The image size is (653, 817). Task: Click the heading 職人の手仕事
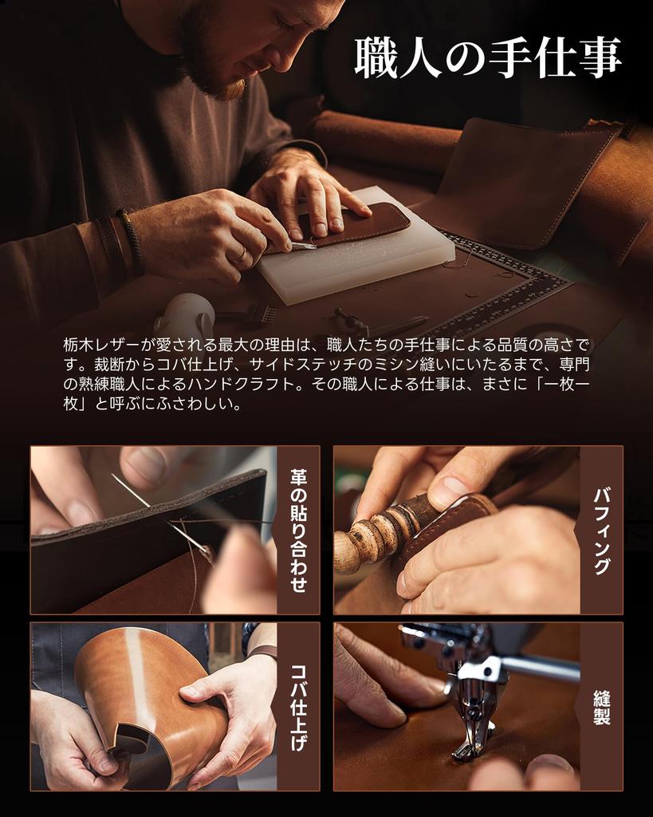tap(487, 58)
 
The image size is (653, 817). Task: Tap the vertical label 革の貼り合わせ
tap(298, 530)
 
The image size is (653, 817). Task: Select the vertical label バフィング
tap(601, 530)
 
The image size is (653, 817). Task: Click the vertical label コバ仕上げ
tap(298, 706)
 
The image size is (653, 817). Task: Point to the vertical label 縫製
tap(601, 706)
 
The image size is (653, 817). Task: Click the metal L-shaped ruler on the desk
tap(510, 279)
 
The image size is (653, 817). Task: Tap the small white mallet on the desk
tap(185, 314)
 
